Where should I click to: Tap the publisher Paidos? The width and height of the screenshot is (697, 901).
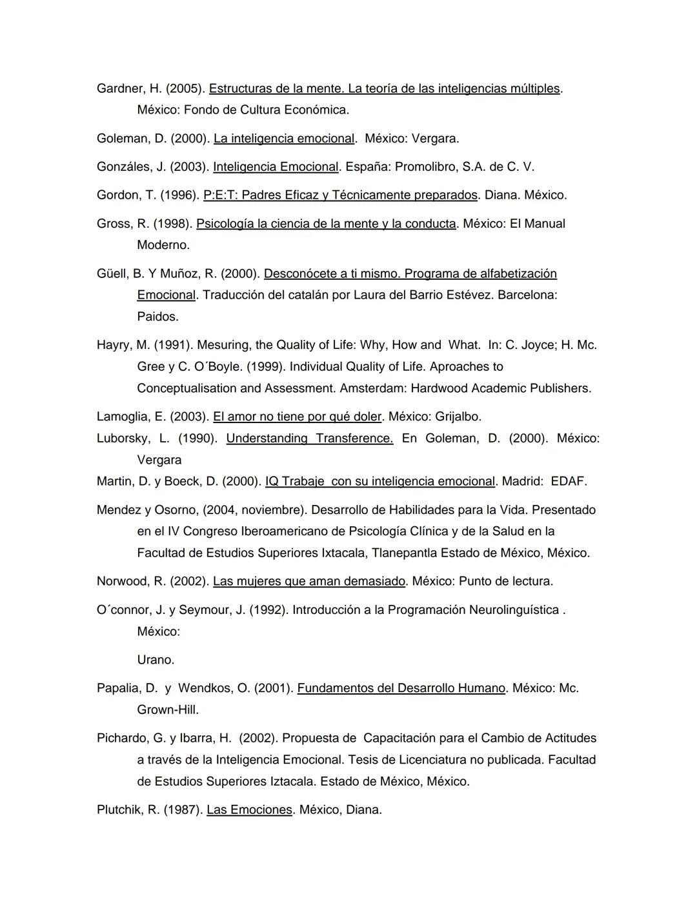pos(157,317)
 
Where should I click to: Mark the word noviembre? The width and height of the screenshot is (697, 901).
pos(270,510)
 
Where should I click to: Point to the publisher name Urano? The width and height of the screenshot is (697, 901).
pos(155,660)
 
